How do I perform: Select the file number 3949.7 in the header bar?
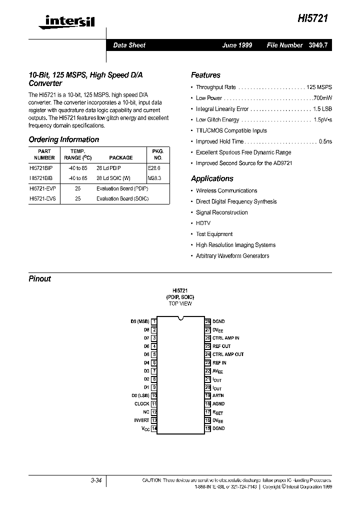click(318, 45)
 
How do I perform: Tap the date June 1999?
click(237, 45)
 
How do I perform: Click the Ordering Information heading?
click(63, 139)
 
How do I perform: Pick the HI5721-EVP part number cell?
click(42, 188)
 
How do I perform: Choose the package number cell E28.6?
click(155, 169)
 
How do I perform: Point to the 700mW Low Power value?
click(322, 98)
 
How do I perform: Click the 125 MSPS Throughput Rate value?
click(319, 87)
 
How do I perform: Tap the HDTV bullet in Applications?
click(203, 223)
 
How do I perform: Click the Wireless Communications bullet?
click(226, 190)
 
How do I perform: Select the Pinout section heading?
click(40, 278)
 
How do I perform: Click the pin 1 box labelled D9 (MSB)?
click(154, 321)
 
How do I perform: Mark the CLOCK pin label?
click(142, 403)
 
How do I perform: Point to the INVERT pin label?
click(141, 420)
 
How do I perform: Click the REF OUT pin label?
click(221, 346)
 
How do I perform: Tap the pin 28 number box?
click(207, 321)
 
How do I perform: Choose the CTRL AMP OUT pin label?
click(228, 354)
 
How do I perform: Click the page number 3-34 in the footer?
click(96, 480)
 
